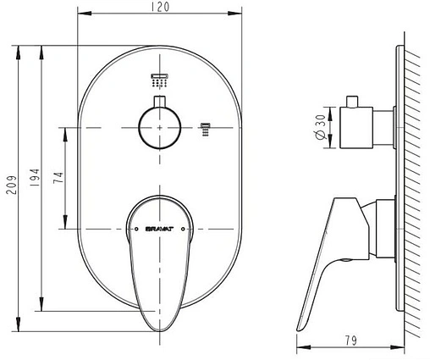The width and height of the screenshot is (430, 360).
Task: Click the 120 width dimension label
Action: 160,7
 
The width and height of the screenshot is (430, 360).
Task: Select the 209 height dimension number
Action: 12,186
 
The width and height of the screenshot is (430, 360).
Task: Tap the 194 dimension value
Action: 35,178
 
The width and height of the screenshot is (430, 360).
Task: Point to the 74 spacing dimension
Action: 58,178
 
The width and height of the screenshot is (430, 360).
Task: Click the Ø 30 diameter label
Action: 321,127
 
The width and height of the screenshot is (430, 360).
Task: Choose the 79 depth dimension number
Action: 350,341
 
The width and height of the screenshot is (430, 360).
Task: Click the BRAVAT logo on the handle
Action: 159,229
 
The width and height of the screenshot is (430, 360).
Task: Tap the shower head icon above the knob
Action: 159,80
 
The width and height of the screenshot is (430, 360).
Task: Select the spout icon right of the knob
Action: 206,130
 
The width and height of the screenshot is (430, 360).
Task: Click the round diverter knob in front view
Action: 159,128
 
